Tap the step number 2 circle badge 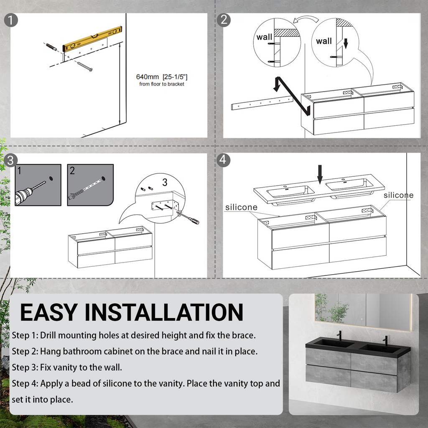224,20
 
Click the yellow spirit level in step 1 92,39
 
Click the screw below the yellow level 85,66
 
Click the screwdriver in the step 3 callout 189,218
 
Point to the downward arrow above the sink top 320,173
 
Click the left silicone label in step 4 241,207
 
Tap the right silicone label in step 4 398,195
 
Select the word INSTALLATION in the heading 167,313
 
